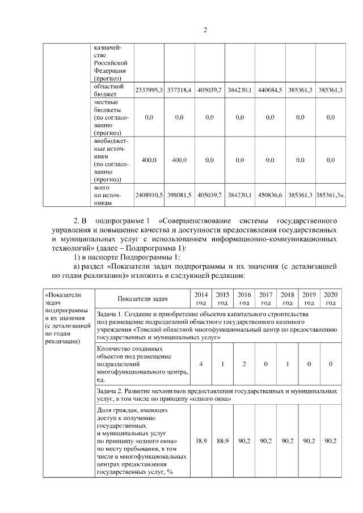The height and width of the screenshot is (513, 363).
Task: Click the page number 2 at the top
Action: point(205,30)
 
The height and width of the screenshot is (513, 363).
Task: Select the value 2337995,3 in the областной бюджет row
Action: point(149,90)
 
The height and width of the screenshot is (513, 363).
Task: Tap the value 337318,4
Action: point(179,90)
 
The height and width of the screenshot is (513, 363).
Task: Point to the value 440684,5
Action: point(269,90)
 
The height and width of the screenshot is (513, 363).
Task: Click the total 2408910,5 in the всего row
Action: point(149,194)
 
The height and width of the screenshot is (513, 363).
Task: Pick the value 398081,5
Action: point(179,194)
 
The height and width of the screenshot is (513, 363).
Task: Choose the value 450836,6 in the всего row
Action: point(269,194)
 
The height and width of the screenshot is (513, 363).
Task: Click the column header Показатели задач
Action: point(143,298)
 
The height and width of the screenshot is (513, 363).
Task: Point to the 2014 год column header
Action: point(201,298)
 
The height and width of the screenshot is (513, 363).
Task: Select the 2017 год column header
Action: point(265,298)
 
